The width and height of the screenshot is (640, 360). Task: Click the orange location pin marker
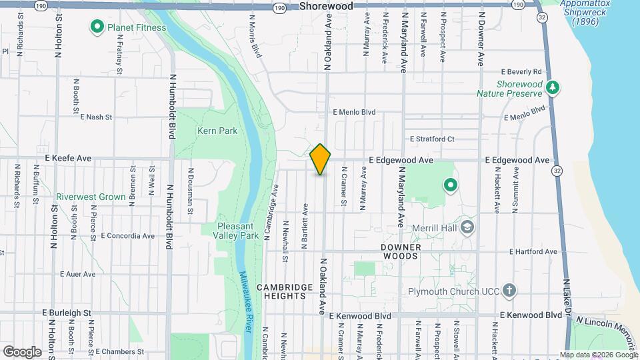[x=321, y=159]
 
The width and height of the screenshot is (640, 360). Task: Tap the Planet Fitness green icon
[x=96, y=27]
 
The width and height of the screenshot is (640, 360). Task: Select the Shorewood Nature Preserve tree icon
[x=552, y=87]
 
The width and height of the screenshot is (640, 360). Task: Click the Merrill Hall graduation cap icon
[x=467, y=228]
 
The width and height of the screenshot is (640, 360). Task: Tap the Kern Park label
[x=217, y=131]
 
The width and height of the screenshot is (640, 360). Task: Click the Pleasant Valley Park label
[x=237, y=231]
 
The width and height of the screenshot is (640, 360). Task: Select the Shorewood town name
[x=326, y=6]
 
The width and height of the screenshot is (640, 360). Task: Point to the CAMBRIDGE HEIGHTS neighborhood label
[x=285, y=291]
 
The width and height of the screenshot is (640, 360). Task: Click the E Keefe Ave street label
[x=68, y=159]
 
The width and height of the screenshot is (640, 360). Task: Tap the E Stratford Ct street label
[x=431, y=139]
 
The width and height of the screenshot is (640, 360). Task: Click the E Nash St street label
[x=96, y=117]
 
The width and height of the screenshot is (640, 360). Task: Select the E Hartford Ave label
[x=532, y=252]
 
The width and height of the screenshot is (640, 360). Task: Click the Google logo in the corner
[x=22, y=351]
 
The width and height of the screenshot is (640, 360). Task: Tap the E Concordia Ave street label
[x=128, y=236]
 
